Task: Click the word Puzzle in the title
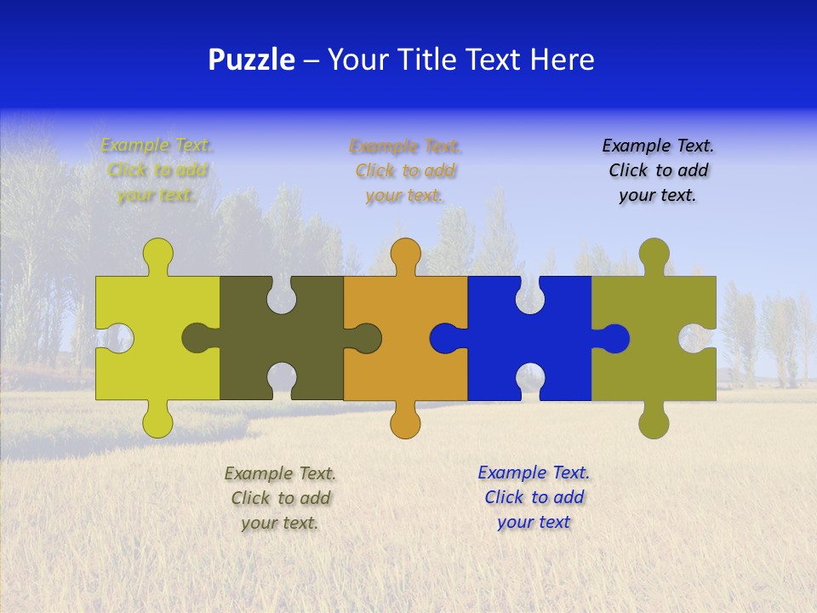251,60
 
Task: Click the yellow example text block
157,170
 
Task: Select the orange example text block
405,170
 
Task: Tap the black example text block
658,170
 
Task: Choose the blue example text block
534,497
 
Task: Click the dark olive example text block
280,498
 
